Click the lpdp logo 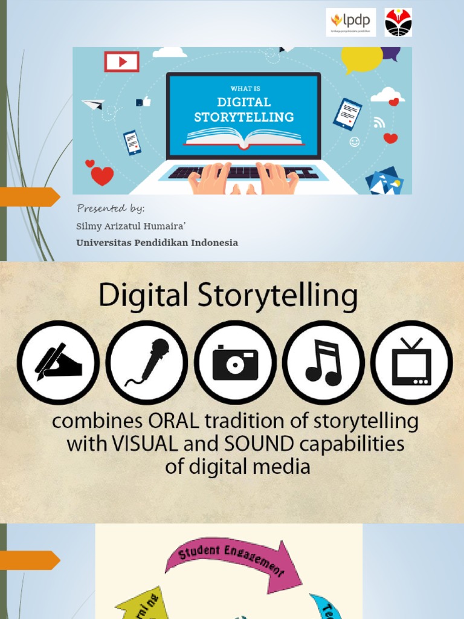pyautogui.click(x=350, y=22)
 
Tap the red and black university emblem pyautogui.click(x=398, y=22)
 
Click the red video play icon pyautogui.click(x=121, y=62)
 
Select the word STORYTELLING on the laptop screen pyautogui.click(x=243, y=117)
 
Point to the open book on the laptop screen pyautogui.click(x=243, y=136)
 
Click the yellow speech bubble pyautogui.click(x=362, y=59)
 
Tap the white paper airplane pyautogui.click(x=94, y=104)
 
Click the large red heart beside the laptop pyautogui.click(x=102, y=175)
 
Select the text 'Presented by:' pyautogui.click(x=111, y=209)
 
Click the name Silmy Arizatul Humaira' pyautogui.click(x=130, y=226)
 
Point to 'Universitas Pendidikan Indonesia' pyautogui.click(x=157, y=242)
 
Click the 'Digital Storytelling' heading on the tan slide pyautogui.click(x=228, y=297)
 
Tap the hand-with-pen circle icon pyautogui.click(x=58, y=362)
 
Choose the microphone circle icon pyautogui.click(x=147, y=362)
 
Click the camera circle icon pyautogui.click(x=235, y=362)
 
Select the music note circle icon pyautogui.click(x=323, y=362)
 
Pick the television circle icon pyautogui.click(x=411, y=362)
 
